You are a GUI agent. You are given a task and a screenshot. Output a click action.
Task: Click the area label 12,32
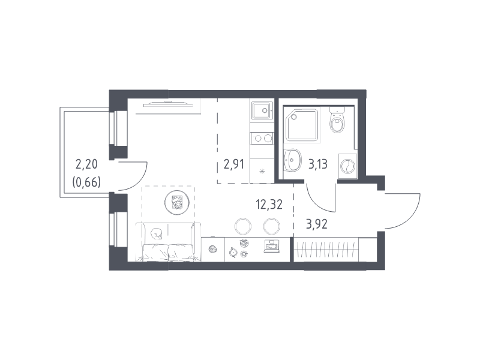click(269, 204)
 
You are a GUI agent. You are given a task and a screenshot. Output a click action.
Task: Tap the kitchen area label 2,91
click(234, 164)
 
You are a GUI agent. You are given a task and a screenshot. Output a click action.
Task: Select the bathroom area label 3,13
click(318, 164)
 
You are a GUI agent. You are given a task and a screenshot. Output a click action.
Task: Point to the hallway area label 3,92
click(317, 224)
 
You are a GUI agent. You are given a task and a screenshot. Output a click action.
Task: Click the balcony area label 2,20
click(86, 164)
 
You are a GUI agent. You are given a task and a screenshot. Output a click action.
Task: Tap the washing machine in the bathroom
click(348, 167)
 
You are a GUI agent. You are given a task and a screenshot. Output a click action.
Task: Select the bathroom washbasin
click(292, 160)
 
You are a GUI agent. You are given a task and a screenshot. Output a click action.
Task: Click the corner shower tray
click(302, 125)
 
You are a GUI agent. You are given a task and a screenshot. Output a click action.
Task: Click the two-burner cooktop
click(262, 139)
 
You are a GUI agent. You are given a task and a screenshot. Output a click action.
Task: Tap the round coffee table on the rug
click(177, 202)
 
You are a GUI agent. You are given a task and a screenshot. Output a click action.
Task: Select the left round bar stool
click(243, 227)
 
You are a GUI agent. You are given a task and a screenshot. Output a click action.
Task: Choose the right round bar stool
click(272, 227)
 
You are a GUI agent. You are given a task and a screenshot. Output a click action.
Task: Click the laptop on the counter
click(272, 246)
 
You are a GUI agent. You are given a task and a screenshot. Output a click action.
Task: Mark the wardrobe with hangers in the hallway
click(326, 250)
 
